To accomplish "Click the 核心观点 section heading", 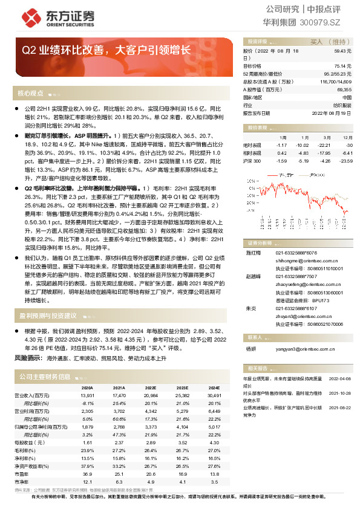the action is [x=30, y=93].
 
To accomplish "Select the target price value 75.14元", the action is [x=342, y=66].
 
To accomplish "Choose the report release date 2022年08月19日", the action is [x=331, y=112].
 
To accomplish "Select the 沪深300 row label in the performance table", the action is [x=252, y=161].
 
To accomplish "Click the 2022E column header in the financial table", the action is [x=151, y=388].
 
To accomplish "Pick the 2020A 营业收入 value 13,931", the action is [x=87, y=395].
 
